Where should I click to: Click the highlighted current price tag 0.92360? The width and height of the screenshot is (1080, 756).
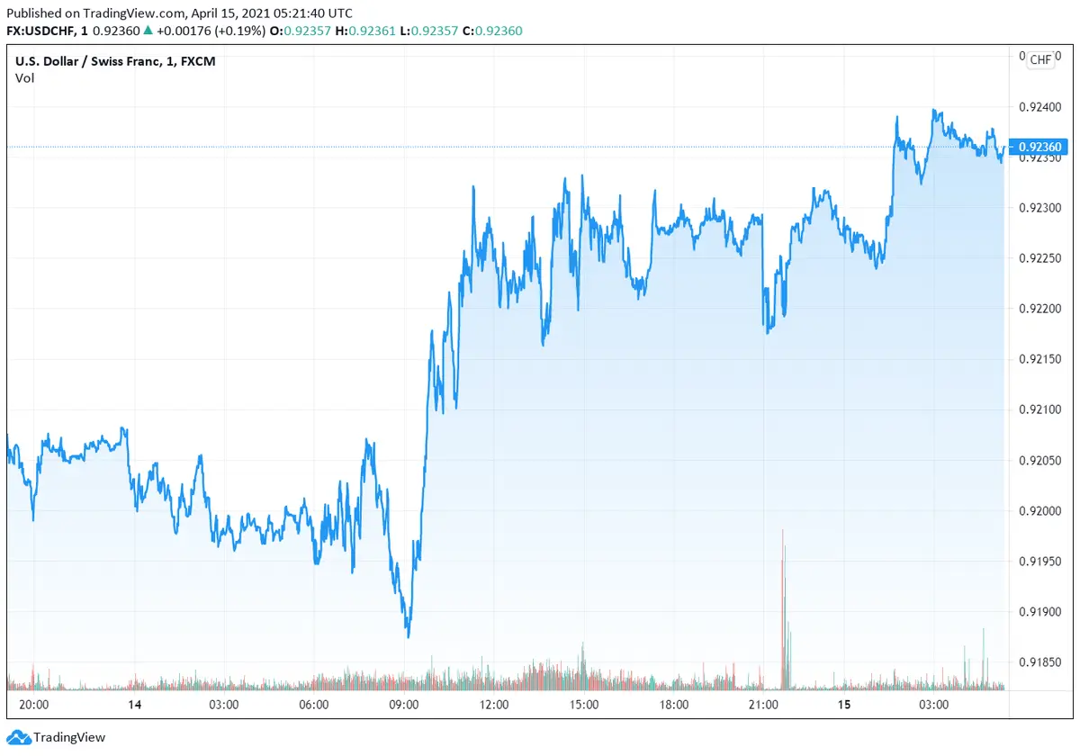pyautogui.click(x=1040, y=147)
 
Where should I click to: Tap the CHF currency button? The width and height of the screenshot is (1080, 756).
pyautogui.click(x=1040, y=59)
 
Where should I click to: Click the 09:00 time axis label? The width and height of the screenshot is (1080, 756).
pyautogui.click(x=403, y=705)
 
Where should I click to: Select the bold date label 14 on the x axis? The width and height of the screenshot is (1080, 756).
pyautogui.click(x=134, y=705)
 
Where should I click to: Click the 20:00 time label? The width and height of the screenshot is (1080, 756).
pyautogui.click(x=34, y=705)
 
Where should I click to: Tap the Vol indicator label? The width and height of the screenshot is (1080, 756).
pyautogui.click(x=24, y=77)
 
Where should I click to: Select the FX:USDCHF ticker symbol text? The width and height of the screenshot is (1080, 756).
pyautogui.click(x=44, y=31)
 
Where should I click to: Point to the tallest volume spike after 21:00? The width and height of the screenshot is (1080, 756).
pyautogui.click(x=783, y=540)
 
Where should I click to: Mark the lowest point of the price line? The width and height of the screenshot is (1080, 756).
pyautogui.click(x=408, y=636)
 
